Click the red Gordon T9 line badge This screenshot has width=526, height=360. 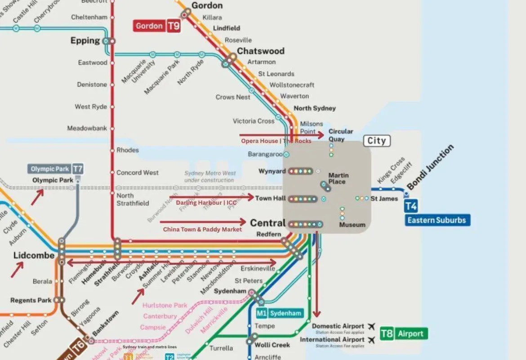157,26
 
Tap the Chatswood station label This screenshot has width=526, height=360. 261,51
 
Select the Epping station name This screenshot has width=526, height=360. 85,40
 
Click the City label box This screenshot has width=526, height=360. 377,141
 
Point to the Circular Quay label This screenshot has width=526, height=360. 341,135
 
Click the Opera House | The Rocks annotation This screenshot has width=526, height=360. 276,141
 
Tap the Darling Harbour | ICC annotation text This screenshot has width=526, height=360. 206,203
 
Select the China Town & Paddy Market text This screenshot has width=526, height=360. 202,229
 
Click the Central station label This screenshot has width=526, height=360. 267,223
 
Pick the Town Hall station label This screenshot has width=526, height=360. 270,198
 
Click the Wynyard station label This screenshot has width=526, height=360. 272,171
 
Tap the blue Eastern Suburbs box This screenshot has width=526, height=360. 437,220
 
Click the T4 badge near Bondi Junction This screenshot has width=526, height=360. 411,206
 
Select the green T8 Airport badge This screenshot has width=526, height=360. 403,333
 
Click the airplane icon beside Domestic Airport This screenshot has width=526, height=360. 371,326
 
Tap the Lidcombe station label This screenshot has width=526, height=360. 34,256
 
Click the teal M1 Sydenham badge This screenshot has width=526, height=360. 279,313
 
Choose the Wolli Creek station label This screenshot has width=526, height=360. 272,345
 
